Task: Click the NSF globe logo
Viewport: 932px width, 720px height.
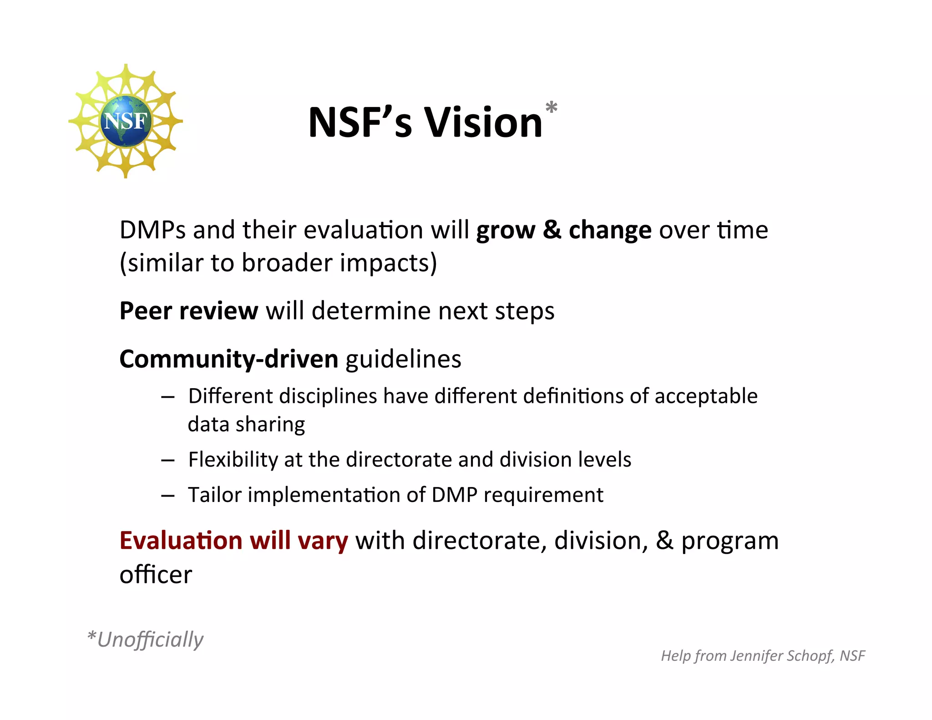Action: click(x=126, y=121)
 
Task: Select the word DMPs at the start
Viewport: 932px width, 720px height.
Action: click(x=152, y=230)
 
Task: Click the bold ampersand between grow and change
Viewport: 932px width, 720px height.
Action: click(x=552, y=230)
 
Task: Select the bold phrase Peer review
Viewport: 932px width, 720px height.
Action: click(x=188, y=311)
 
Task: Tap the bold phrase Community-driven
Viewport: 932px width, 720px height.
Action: click(x=228, y=360)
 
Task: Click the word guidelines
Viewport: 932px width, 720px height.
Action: click(x=403, y=360)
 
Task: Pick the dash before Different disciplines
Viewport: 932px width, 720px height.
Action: click(x=168, y=397)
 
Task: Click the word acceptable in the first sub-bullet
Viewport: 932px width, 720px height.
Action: click(x=706, y=396)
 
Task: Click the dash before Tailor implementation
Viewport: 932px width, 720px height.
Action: click(x=168, y=496)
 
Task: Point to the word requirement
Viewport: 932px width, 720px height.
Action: click(x=543, y=495)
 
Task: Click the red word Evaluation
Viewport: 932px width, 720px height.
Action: click(x=181, y=541)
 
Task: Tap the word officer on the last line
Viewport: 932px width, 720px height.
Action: click(x=156, y=575)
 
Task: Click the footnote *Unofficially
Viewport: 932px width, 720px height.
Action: click(x=145, y=639)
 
